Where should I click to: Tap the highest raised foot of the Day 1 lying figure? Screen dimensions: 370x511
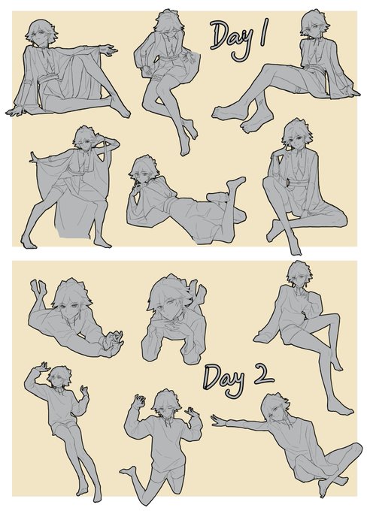tap(236, 183)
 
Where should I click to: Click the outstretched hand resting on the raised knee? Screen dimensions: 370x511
tap(108, 50)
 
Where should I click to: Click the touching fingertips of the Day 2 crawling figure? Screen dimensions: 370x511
tap(114, 339)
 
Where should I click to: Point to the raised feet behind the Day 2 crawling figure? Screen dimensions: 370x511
tap(38, 288)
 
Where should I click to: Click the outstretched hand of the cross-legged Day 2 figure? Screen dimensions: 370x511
tap(220, 420)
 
